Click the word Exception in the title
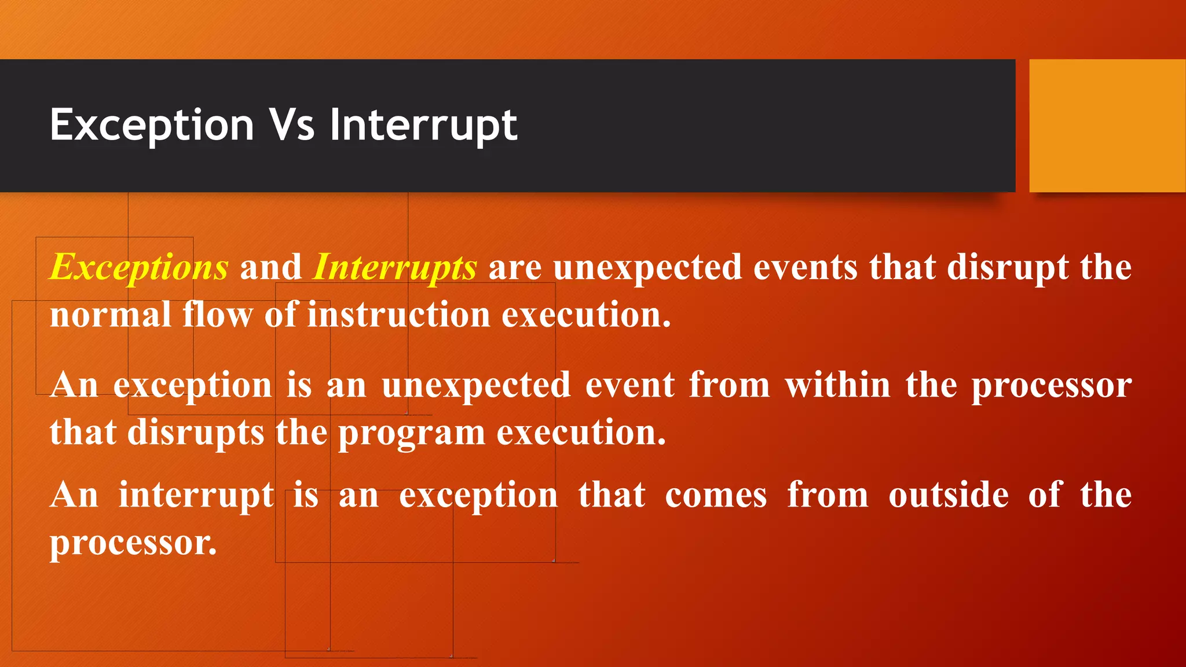152,125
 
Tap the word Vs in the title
293,125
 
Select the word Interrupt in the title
423,125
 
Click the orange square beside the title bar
1107,126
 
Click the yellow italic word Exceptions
139,267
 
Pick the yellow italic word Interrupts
394,267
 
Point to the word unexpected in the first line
647,267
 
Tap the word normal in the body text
110,315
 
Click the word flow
218,315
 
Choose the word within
837,385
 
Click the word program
411,433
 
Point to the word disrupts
196,433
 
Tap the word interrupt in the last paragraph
196,496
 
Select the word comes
716,496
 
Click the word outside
949,496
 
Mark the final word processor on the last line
133,544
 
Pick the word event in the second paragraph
630,385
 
